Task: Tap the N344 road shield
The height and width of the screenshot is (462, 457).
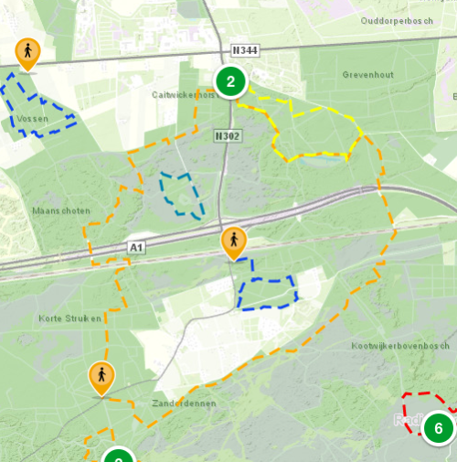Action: click(x=245, y=51)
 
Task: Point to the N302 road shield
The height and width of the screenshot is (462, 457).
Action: click(x=228, y=134)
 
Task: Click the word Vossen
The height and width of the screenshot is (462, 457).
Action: click(x=32, y=120)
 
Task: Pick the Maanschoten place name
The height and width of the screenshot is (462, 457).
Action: click(x=60, y=210)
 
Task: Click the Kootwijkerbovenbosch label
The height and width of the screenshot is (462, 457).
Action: click(x=400, y=346)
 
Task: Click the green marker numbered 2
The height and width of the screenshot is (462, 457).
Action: click(x=230, y=82)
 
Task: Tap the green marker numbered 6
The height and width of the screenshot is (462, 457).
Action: click(x=438, y=427)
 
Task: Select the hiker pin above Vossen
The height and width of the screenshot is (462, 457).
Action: click(x=28, y=53)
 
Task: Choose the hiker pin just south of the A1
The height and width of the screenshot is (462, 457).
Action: click(x=234, y=242)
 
